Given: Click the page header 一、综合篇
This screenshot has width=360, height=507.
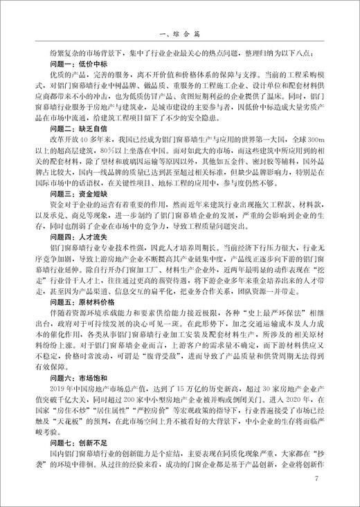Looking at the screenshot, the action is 179,33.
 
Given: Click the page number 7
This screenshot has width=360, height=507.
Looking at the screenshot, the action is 316,479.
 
